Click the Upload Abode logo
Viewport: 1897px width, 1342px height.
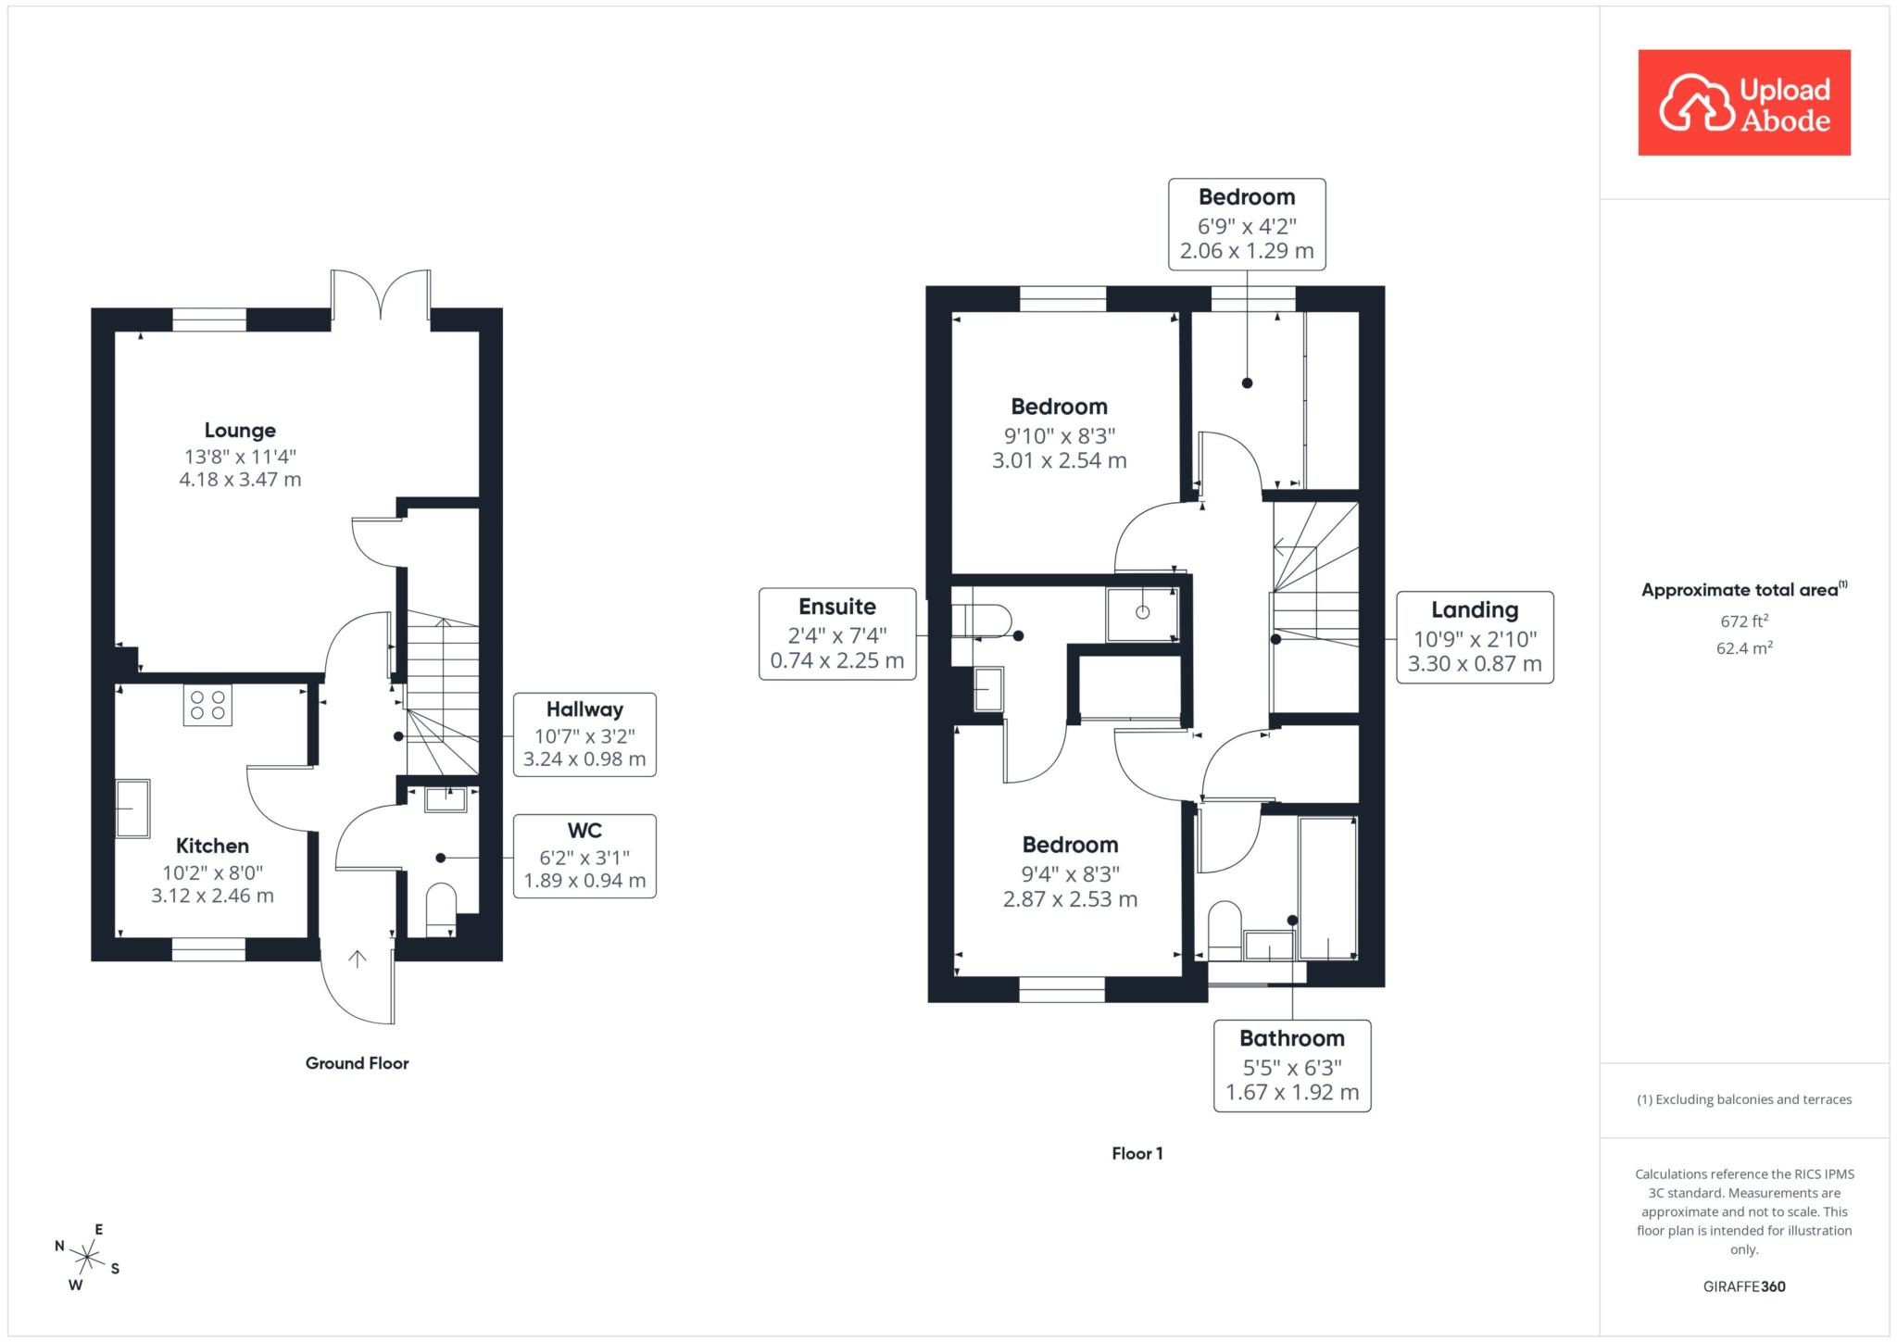point(1744,103)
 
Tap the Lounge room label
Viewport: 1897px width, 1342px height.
point(240,431)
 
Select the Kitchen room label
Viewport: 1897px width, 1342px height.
point(212,846)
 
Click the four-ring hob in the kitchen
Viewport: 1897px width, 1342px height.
point(207,706)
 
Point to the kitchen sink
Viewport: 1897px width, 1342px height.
point(132,809)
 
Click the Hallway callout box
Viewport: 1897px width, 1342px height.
point(584,734)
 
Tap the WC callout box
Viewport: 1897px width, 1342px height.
point(584,856)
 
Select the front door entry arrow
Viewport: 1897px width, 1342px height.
point(358,959)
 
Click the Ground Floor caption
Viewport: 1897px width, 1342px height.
point(357,1063)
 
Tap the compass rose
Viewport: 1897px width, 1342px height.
point(87,1257)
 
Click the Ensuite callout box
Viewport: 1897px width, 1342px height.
point(837,634)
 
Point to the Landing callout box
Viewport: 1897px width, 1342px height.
point(1475,637)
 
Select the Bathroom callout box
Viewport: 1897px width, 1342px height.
point(1292,1066)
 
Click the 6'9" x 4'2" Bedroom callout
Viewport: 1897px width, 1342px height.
point(1247,224)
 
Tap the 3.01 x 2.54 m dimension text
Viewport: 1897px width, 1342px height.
point(1060,460)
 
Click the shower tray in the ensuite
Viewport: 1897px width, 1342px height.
point(1143,613)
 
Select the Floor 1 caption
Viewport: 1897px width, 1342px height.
point(1137,1153)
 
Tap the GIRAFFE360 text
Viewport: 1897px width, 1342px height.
point(1744,1286)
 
